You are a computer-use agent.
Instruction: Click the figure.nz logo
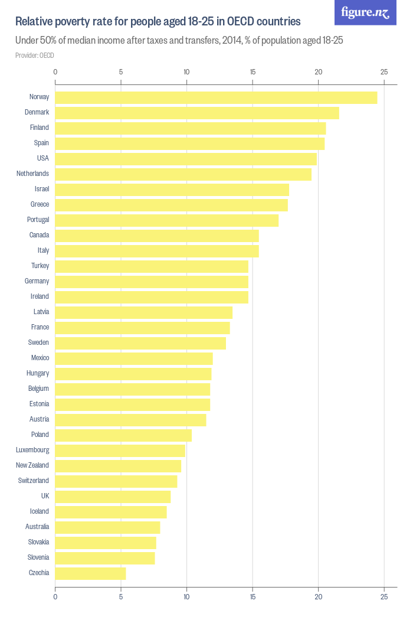(x=365, y=12)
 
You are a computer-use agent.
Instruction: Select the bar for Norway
(x=216, y=97)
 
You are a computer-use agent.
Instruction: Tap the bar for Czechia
(x=90, y=573)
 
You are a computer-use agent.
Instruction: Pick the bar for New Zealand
(x=118, y=466)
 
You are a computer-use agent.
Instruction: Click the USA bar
(x=186, y=159)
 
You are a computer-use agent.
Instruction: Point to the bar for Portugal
(x=166, y=220)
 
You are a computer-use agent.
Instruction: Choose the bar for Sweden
(x=140, y=343)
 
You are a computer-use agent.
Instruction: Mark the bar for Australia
(x=107, y=527)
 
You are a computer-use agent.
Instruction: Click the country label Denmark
(x=37, y=112)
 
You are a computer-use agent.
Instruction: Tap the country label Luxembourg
(x=32, y=450)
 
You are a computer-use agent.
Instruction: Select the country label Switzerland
(x=33, y=481)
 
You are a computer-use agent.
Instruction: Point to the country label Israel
(x=42, y=189)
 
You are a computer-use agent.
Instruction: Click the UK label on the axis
(x=45, y=496)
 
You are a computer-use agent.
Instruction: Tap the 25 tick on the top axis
(x=384, y=72)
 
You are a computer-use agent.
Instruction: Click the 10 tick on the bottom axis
(x=186, y=597)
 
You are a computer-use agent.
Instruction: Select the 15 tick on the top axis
(x=253, y=72)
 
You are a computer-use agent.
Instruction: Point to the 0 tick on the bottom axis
(x=55, y=597)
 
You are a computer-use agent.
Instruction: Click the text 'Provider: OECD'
(x=35, y=56)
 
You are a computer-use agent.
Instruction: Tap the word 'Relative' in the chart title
(x=35, y=22)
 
